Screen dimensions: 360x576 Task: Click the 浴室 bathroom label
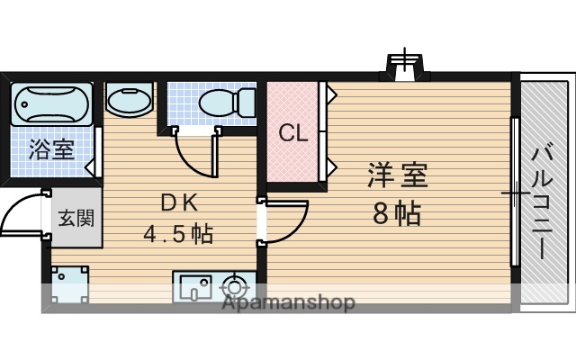tap(50, 148)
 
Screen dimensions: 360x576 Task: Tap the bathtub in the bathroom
tap(50, 106)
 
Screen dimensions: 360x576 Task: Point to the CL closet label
tap(293, 133)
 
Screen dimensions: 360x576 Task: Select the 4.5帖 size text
tap(178, 234)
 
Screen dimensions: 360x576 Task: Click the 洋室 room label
tap(398, 174)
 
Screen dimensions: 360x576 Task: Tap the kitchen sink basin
tap(193, 287)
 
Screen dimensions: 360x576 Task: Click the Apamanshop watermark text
tap(288, 302)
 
